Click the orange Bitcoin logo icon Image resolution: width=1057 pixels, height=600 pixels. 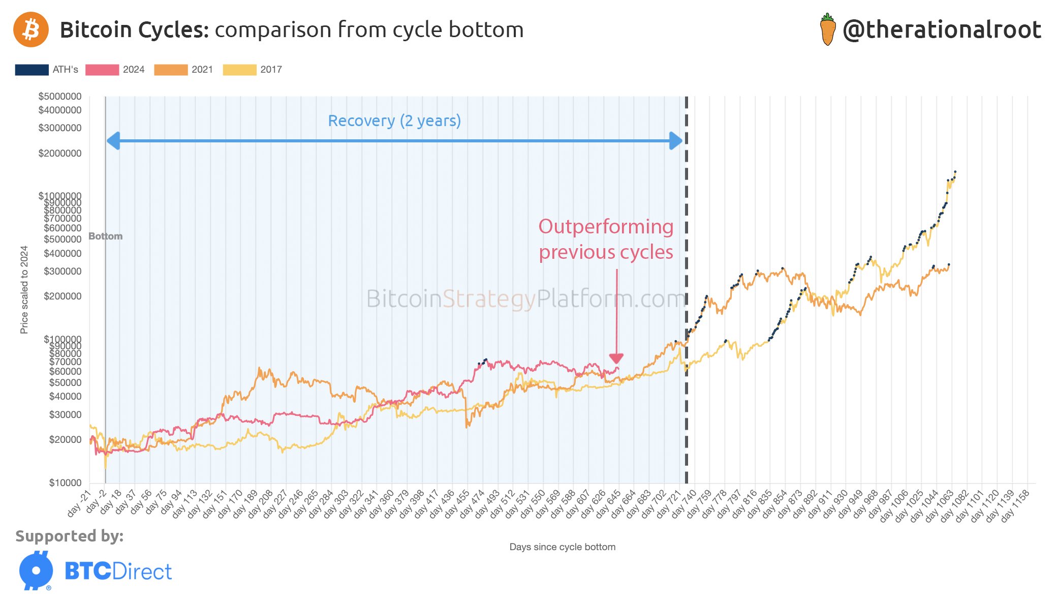click(31, 29)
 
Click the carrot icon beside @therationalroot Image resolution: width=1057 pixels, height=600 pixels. click(828, 30)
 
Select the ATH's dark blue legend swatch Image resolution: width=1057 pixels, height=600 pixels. click(32, 70)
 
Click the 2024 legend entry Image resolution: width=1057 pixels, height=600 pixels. click(115, 70)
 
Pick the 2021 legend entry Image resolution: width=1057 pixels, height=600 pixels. click(183, 70)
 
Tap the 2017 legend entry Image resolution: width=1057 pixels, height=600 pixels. click(252, 70)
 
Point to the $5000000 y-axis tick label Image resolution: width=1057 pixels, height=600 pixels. click(60, 96)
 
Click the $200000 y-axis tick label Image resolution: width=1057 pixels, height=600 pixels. click(63, 296)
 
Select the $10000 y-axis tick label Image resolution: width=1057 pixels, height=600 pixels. click(65, 483)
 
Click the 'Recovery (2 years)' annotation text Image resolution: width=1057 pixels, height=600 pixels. click(394, 121)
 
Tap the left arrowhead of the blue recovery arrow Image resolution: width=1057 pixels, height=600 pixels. click(113, 141)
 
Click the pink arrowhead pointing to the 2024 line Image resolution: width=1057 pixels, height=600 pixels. click(616, 358)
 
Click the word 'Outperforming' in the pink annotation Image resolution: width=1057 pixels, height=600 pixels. click(606, 227)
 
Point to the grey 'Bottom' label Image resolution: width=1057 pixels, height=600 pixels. click(106, 236)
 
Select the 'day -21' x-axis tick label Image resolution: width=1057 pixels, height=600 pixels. click(79, 503)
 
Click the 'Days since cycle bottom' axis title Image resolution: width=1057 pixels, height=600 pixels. click(562, 547)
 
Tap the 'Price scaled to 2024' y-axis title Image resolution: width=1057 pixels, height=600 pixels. click(24, 290)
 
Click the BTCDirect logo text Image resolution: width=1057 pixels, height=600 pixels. click(118, 572)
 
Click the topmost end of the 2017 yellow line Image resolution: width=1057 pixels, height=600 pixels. click(955, 172)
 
